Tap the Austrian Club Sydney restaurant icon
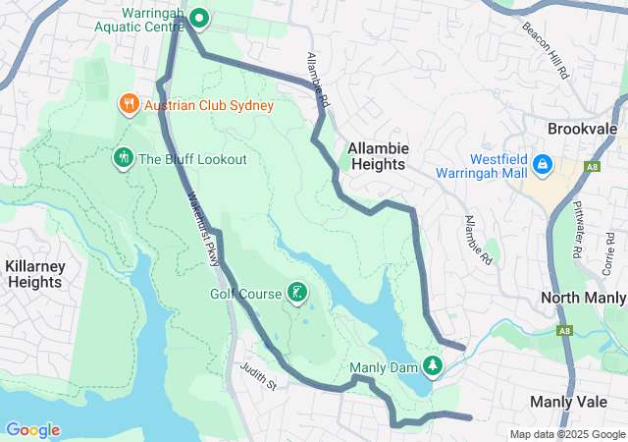[x=128, y=103]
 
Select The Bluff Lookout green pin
[x=124, y=157]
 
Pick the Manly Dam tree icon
[x=432, y=366]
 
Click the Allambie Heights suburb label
[x=378, y=156]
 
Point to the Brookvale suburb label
[x=581, y=129]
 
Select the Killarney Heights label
[x=34, y=274]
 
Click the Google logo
[x=32, y=430]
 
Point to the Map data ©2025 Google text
[x=566, y=434]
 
